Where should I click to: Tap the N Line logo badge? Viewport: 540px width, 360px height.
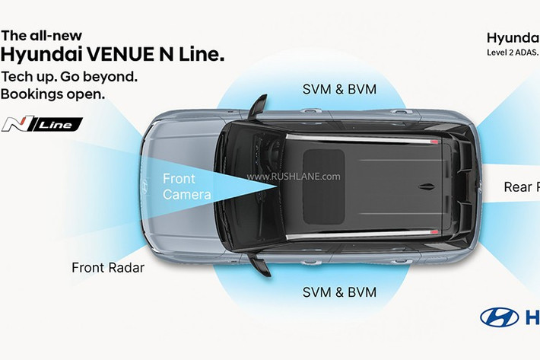pos(42,124)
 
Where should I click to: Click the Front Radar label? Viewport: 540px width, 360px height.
pos(107,267)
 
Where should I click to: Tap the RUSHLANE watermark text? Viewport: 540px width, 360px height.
pos(293,177)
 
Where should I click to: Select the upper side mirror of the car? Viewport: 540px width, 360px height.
pos(258,106)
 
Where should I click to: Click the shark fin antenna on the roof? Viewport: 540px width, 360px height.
pos(427,185)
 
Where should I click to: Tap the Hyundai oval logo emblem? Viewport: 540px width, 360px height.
pos(500,317)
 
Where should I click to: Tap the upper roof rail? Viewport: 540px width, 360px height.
pos(361,138)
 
